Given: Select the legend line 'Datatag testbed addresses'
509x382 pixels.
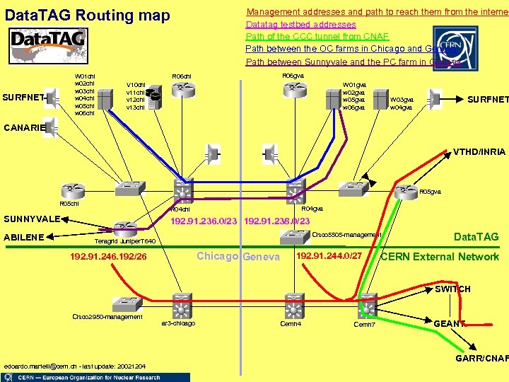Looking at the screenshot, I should [x=300, y=24].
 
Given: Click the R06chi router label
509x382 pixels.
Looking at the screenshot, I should [x=182, y=76].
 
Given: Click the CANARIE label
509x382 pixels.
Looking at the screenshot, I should [x=25, y=127].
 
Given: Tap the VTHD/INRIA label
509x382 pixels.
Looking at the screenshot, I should [x=479, y=151].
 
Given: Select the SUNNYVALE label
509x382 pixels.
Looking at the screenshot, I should [x=33, y=219].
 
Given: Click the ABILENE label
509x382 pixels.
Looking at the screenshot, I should [x=24, y=238].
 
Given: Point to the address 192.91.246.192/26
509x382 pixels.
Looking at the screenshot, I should [x=108, y=256].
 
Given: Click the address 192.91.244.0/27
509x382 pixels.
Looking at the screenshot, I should [x=329, y=255].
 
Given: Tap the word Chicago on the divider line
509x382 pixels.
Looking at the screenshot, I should [x=218, y=255].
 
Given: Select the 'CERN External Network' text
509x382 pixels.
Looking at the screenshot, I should [x=440, y=256].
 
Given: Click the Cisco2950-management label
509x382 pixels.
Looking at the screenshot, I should [x=107, y=317].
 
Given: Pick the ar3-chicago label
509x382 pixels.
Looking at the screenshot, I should [x=178, y=323].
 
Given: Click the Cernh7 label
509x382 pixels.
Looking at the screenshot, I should [x=364, y=324].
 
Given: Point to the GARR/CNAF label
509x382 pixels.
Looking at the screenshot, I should [x=481, y=359].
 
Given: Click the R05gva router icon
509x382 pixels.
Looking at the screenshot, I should [x=407, y=190].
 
